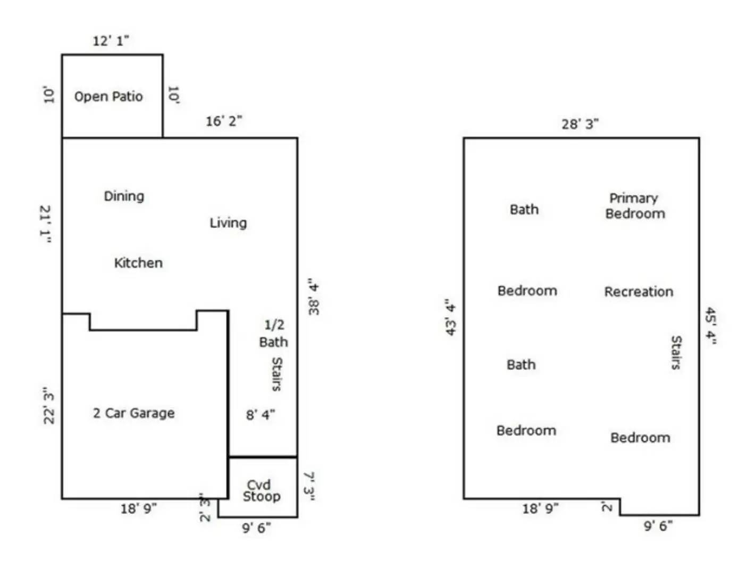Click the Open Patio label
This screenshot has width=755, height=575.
coord(108,96)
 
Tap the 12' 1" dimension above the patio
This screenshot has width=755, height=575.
coord(111,41)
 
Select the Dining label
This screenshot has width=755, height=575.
coord(124,196)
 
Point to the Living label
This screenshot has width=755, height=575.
coord(228,223)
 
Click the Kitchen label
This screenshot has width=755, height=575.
coord(138,263)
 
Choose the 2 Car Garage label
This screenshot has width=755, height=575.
coord(134,413)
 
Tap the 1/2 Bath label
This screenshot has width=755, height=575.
coord(274,333)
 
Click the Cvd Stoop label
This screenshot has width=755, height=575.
coord(262,491)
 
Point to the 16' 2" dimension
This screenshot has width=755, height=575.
coord(224,121)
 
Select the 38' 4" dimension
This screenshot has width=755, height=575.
coord(314,297)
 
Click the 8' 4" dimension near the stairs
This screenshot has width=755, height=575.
coord(261,415)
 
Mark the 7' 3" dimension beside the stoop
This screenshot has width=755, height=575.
coord(309,486)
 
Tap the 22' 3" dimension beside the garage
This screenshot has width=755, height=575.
coord(49,406)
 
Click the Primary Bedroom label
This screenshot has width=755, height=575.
coord(635,206)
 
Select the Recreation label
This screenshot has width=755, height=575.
coord(639,292)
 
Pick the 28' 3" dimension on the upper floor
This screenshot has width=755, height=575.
coord(580,124)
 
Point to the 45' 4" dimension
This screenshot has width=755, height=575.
coord(711,326)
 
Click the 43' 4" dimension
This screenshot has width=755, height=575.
coord(450,317)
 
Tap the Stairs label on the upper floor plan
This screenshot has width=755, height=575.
coord(676,352)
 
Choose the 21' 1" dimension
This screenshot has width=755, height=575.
coord(45,224)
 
